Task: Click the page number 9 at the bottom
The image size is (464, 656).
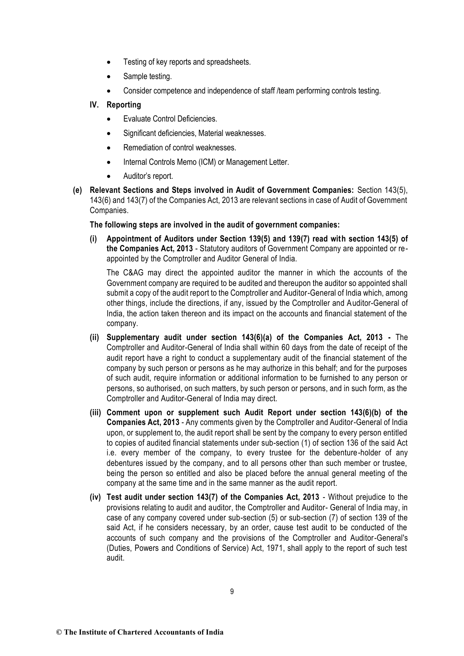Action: click(232, 592)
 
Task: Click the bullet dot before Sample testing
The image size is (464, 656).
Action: click(113, 77)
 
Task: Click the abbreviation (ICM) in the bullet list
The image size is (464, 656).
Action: click(206, 162)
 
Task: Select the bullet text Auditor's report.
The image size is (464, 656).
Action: click(148, 176)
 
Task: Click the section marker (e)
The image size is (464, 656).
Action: click(78, 190)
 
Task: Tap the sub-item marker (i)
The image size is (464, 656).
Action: click(94, 239)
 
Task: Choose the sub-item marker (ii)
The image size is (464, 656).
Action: click(95, 337)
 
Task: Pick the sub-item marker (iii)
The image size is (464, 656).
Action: click(95, 413)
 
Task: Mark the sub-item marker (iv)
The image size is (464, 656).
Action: click(95, 497)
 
